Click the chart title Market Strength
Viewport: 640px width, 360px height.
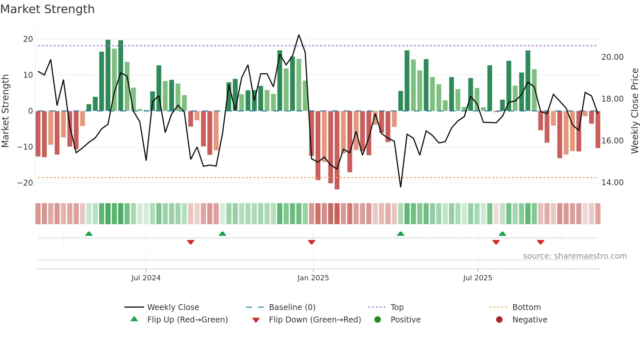47,9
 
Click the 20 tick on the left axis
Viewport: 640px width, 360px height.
28,39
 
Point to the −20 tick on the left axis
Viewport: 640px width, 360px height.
25,183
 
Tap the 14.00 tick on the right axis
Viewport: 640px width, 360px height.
612,183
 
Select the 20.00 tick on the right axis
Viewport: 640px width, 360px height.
612,57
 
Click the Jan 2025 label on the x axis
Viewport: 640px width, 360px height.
313,278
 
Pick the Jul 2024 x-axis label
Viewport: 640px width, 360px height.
146,278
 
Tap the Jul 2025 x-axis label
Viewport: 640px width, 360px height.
477,278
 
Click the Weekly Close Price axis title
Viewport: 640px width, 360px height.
634,111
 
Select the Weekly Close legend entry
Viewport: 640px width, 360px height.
173,307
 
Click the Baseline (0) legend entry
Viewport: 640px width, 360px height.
292,307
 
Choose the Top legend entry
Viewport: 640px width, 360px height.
397,307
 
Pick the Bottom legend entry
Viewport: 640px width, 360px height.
526,307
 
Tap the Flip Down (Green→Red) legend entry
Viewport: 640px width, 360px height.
315,320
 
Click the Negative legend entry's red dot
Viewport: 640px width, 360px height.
499,320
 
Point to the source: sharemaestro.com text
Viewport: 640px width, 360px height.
575,256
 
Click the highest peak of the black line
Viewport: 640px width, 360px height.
299,35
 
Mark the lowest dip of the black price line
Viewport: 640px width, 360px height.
401,187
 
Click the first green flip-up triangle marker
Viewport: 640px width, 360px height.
89,234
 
